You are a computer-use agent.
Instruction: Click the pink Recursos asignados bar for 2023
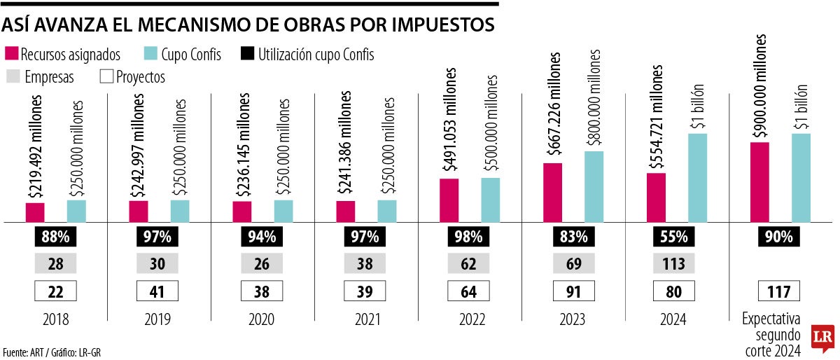552,193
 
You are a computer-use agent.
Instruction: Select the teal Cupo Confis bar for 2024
697,178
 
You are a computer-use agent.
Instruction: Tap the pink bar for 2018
35,212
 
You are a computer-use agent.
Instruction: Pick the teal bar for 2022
491,200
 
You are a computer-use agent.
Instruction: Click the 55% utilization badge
673,237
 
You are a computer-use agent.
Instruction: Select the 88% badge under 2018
55,237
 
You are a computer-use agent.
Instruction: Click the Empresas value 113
673,264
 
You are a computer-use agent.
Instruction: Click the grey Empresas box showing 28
55,264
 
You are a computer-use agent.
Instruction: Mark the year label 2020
261,319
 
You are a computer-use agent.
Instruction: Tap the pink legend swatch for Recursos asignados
11,55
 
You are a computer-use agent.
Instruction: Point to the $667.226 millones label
554,104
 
